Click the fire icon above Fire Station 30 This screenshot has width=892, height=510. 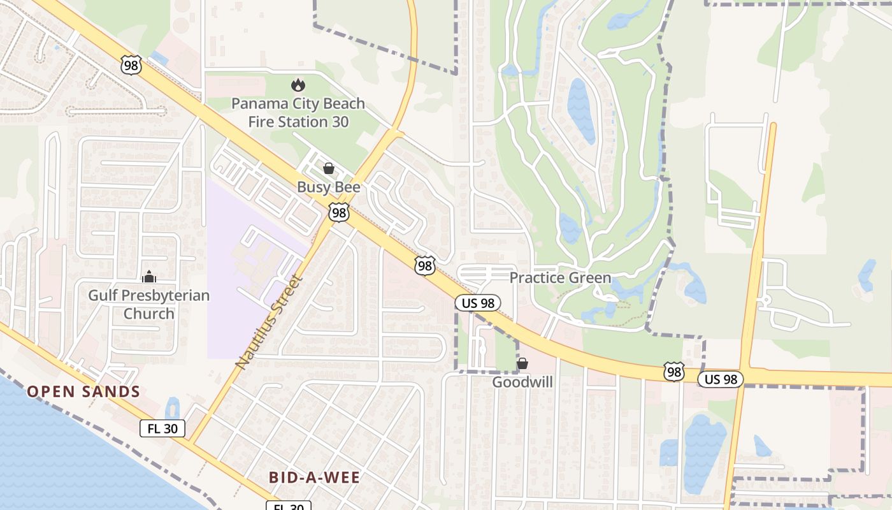point(298,85)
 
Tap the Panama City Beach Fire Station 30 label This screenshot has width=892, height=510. point(298,112)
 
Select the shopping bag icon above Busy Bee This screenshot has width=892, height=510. point(329,168)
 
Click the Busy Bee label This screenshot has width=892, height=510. point(329,187)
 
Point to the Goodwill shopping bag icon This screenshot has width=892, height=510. point(522,363)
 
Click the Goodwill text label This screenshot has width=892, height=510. point(522,382)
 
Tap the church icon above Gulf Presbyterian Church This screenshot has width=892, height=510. point(149,277)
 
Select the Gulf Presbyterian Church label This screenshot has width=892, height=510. point(149,305)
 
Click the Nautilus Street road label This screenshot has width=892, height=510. point(268,321)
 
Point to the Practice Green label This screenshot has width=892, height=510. point(560,278)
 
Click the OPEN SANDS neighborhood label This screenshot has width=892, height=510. point(83,391)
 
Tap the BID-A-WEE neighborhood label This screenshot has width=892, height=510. point(314,477)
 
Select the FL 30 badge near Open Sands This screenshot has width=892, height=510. point(162,428)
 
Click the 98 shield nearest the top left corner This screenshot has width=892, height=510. point(130,65)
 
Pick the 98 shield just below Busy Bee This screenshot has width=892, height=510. point(339,213)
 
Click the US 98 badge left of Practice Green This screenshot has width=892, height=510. point(478,303)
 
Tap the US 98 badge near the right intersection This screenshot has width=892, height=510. point(721,379)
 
